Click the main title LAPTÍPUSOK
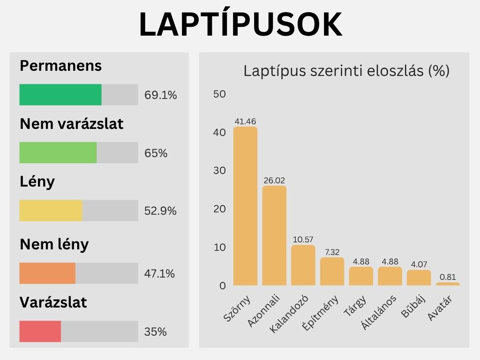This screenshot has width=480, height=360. (x=240, y=24)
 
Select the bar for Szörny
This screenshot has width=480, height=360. (x=246, y=206)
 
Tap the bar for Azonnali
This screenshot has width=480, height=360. (x=274, y=235)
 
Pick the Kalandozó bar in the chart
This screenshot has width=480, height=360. (x=303, y=265)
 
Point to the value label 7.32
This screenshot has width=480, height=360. (x=332, y=252)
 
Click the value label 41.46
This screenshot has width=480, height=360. (x=245, y=122)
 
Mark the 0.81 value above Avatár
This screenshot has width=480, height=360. (x=448, y=277)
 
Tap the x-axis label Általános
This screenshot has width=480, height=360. (x=379, y=312)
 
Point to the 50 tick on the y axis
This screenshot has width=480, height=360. (x=219, y=94)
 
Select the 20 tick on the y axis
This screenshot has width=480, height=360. (x=219, y=209)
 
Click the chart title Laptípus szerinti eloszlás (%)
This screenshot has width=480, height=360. (x=346, y=71)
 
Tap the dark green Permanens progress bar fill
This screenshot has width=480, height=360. (x=60, y=95)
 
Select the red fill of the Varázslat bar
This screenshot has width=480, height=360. (x=40, y=331)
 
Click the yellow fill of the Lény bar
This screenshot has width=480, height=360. (x=51, y=211)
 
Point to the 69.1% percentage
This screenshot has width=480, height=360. (x=161, y=96)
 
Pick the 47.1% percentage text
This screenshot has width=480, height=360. (x=160, y=274)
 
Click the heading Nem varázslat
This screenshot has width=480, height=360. (x=71, y=124)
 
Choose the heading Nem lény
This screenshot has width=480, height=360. (x=54, y=244)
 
